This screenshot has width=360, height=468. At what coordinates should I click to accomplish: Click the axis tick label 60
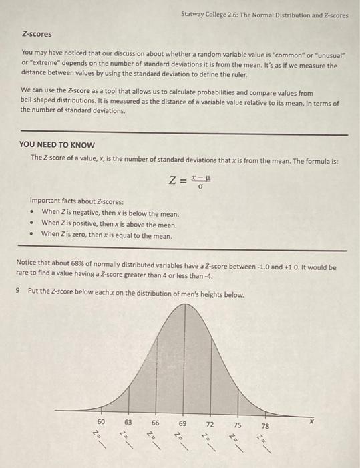[x=101, y=423]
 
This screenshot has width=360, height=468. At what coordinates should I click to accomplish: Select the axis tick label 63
[x=128, y=423]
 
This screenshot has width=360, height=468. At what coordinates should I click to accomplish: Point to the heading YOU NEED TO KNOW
[x=57, y=144]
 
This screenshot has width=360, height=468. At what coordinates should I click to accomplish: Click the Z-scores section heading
[x=37, y=33]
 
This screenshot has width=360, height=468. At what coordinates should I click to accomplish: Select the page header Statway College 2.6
[x=264, y=14]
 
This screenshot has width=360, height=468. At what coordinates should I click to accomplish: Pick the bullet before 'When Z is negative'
[x=33, y=211]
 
